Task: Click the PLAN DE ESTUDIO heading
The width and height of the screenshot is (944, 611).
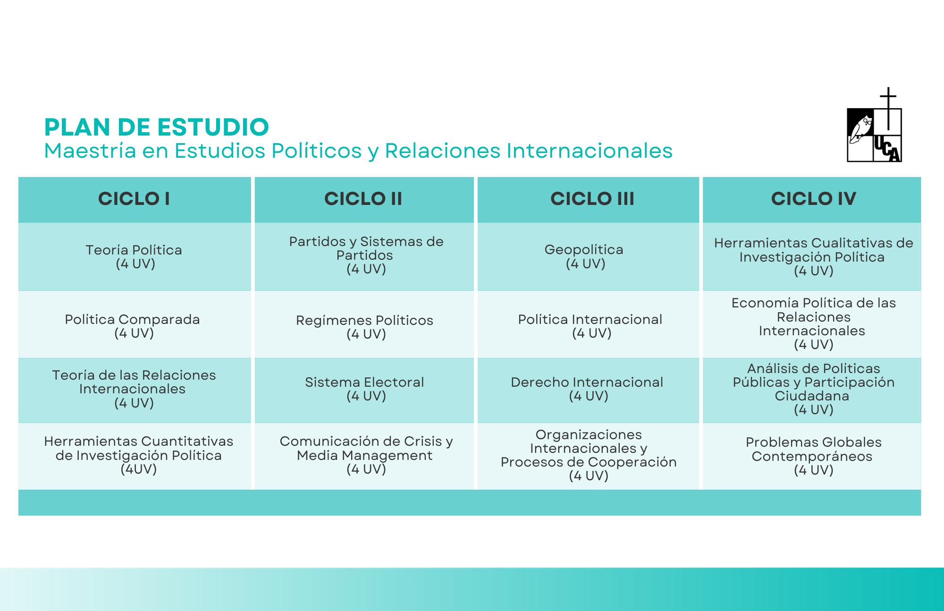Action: coord(156,127)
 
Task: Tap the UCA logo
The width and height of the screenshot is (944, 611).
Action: coord(875,125)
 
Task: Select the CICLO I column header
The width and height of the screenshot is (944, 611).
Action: coord(134,199)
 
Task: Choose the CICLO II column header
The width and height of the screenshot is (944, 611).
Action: coord(363,199)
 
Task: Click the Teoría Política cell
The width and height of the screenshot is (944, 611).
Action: coord(135,256)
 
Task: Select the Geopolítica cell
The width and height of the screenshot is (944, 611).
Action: coord(588,256)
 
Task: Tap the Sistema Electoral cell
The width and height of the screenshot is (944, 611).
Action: coord(364,390)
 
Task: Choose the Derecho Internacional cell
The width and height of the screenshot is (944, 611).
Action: coord(588,390)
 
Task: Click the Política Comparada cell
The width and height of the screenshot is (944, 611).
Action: coord(135,324)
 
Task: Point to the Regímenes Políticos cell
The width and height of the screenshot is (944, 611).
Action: coord(364,324)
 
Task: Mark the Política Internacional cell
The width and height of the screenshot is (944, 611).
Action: coord(588,324)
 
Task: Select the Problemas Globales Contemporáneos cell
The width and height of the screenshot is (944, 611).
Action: coord(812,456)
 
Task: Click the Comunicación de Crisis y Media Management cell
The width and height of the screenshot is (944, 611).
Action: coord(364,456)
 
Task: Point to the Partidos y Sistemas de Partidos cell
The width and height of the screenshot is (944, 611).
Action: coord(364,256)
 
